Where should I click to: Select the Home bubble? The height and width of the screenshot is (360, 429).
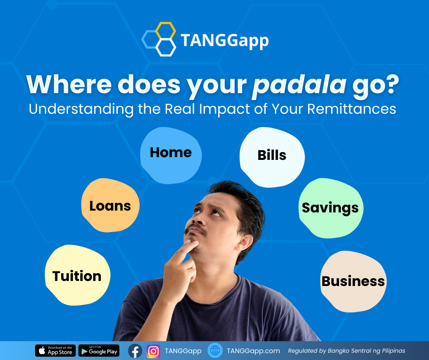click(x=171, y=155)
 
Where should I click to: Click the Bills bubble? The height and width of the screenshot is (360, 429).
click(x=272, y=157)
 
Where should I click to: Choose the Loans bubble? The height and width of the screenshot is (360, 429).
click(x=110, y=205)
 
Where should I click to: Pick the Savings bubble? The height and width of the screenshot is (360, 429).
click(x=330, y=208)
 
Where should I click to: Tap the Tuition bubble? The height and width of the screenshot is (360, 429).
click(x=78, y=275)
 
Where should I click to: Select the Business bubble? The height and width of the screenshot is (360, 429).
click(x=353, y=281)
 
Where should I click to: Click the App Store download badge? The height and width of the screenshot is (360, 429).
click(x=55, y=351)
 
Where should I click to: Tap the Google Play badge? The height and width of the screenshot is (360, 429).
click(x=99, y=351)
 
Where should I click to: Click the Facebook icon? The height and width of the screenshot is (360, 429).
click(x=135, y=351)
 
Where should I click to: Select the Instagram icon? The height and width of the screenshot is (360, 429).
click(x=153, y=351)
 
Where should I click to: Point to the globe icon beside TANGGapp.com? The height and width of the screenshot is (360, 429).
click(x=215, y=350)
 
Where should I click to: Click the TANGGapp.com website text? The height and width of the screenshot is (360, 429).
click(x=253, y=351)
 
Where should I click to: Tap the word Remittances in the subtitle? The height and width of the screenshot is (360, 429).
click(x=351, y=109)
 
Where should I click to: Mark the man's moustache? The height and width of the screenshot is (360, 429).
click(x=195, y=228)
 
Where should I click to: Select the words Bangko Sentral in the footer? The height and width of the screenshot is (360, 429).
click(x=350, y=351)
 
